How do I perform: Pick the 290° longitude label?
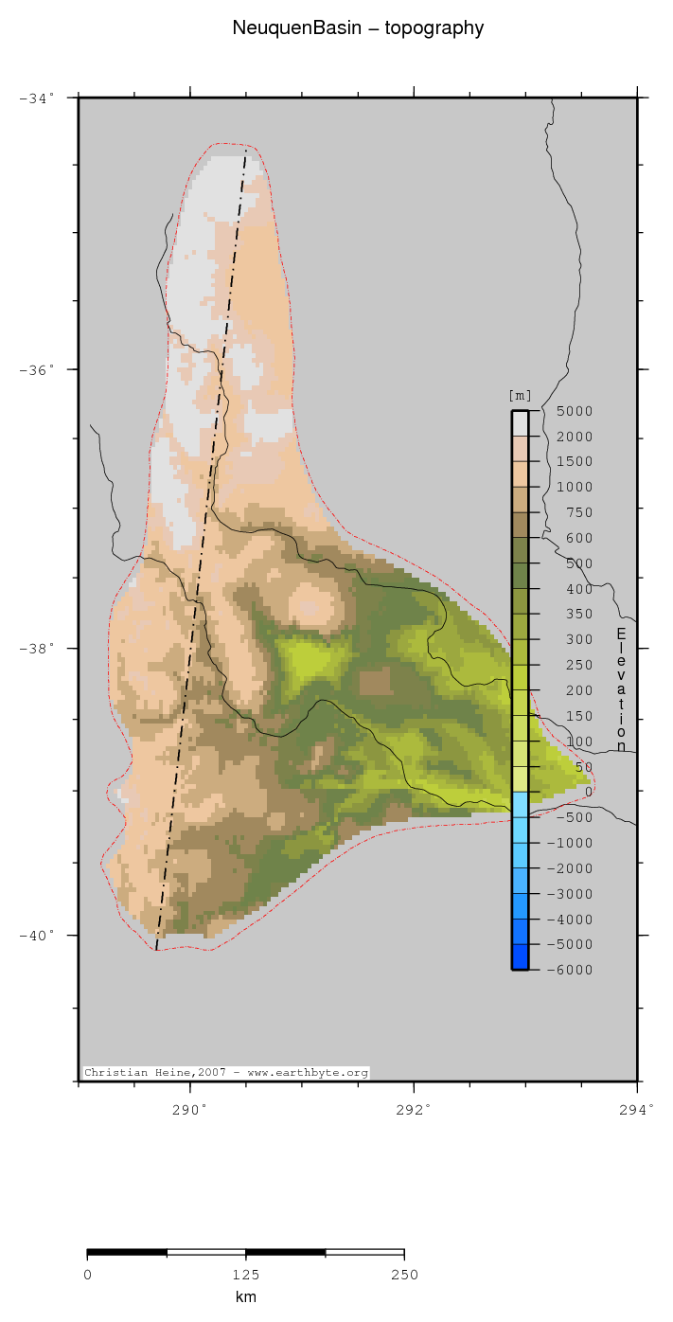pos(189,1108)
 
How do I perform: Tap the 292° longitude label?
pos(414,1108)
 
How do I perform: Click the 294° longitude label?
pos(637,1108)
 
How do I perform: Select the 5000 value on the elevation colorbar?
pos(575,411)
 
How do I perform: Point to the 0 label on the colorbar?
pos(589,792)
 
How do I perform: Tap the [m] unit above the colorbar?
pos(520,396)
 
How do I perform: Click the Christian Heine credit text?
pos(226,1073)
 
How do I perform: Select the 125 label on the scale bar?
pos(245,1275)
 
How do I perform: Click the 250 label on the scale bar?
pos(404,1275)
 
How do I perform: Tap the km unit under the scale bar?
pos(245,1297)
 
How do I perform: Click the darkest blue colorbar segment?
pos(520,956)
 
